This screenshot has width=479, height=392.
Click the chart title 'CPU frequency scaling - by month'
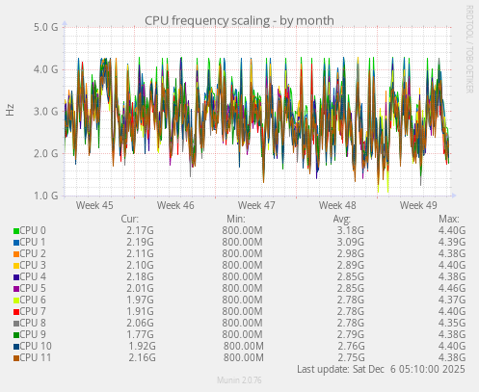(239, 19)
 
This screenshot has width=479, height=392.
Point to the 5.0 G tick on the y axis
(45, 27)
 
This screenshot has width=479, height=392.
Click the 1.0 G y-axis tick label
(45, 196)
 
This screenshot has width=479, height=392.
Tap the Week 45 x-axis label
(93, 205)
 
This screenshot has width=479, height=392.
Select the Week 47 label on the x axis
(256, 205)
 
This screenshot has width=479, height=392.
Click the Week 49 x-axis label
(418, 205)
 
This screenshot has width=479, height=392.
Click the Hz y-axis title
(10, 111)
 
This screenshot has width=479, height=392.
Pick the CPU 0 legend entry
(33, 230)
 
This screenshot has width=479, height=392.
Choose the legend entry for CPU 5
(33, 288)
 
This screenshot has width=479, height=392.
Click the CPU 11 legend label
(36, 357)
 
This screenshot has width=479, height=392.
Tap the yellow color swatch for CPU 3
(16, 265)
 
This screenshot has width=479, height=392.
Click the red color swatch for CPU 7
(16, 311)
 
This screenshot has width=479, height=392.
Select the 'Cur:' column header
(131, 219)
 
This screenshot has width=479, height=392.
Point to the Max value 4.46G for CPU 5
(451, 288)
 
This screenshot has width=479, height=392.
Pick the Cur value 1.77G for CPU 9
(140, 334)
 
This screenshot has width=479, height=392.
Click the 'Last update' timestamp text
(382, 369)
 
